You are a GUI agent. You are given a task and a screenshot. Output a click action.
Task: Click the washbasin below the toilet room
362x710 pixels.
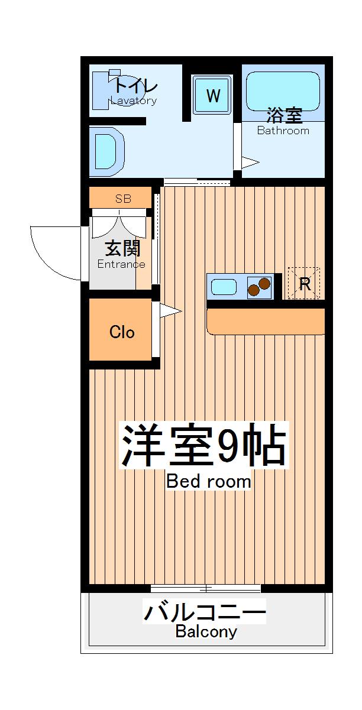(x=107, y=151)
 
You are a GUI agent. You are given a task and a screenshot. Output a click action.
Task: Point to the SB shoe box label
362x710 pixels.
(x=123, y=199)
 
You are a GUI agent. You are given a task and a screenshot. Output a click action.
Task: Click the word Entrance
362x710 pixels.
(x=121, y=264)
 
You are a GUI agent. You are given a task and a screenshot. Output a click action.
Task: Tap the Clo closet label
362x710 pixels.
(x=122, y=332)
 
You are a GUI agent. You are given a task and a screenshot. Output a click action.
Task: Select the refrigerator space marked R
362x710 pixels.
(x=304, y=284)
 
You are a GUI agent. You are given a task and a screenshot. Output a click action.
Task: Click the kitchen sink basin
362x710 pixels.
(x=224, y=287)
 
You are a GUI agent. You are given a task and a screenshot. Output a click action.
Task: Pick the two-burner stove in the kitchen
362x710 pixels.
(x=259, y=287)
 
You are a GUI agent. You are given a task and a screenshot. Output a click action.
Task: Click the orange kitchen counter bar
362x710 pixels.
(x=266, y=322)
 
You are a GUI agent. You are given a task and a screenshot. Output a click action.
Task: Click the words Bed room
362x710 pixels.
(x=208, y=481)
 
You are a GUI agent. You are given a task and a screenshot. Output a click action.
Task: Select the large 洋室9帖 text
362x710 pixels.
(x=204, y=446)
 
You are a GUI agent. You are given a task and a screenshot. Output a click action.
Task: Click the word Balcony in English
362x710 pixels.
(x=206, y=631)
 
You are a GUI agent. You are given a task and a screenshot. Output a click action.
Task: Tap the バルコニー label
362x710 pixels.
(x=205, y=611)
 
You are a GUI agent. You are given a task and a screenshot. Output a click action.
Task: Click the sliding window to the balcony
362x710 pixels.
(x=205, y=588)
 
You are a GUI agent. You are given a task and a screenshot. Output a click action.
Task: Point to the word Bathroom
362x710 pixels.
(x=283, y=131)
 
